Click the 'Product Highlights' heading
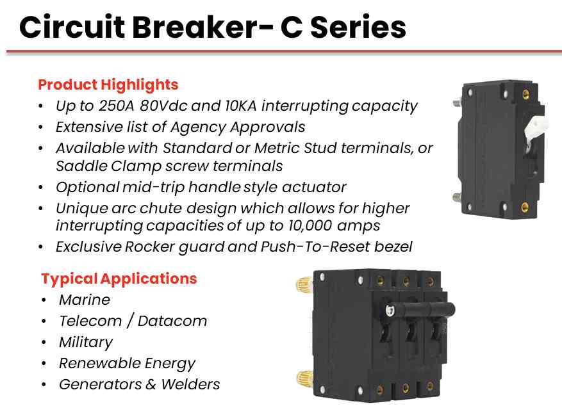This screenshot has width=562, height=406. [x=108, y=85]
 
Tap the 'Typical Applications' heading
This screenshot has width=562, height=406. [x=119, y=279]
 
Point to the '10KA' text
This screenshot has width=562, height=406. [x=241, y=106]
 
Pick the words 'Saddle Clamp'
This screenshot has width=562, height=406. [x=109, y=166]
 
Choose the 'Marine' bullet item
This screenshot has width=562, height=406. [x=85, y=300]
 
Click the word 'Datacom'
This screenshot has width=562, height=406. [x=172, y=321]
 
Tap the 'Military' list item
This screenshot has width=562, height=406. [x=86, y=343]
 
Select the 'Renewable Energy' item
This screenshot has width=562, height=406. [x=128, y=364]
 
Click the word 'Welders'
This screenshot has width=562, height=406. [x=190, y=384]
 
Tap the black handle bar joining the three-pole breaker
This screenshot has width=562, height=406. [x=422, y=309]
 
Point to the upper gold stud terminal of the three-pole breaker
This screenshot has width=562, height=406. [x=304, y=286]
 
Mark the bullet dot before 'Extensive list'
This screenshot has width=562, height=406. [x=41, y=127]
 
